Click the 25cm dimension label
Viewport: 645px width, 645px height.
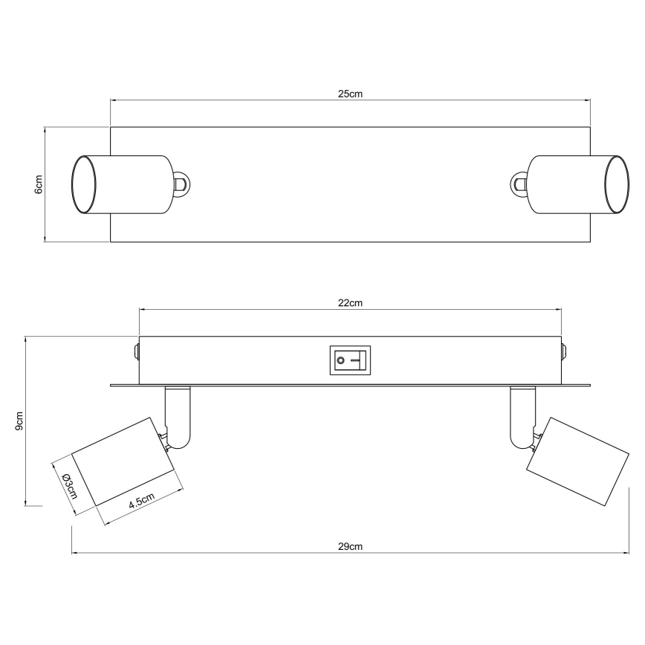click(349, 94)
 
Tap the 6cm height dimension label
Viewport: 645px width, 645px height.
click(39, 184)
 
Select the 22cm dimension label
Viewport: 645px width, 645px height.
click(349, 302)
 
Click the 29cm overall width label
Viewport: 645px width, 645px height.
click(349, 546)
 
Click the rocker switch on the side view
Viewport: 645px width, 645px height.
click(349, 362)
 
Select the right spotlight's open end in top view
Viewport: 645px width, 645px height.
click(616, 184)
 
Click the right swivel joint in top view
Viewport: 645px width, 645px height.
click(518, 184)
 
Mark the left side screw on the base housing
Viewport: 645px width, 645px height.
click(135, 350)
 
